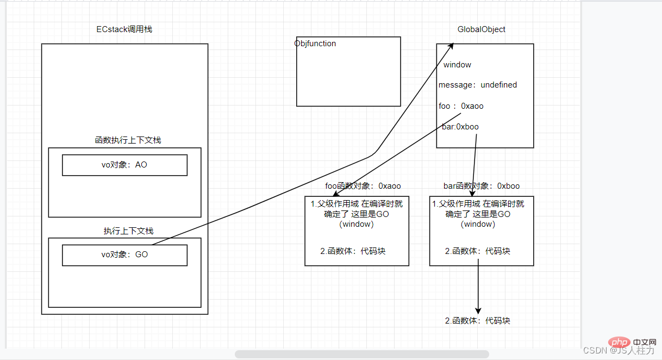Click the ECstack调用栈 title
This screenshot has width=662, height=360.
124,29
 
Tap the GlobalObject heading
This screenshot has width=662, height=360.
482,29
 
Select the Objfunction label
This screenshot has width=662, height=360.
315,44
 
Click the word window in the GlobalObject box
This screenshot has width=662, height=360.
457,65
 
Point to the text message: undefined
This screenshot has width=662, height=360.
478,85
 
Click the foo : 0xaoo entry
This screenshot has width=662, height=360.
461,106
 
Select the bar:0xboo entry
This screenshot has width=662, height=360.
460,127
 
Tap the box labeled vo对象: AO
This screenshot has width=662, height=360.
124,165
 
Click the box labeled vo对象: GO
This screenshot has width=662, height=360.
124,255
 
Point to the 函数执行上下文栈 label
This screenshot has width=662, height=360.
128,140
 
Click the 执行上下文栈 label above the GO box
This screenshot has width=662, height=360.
128,231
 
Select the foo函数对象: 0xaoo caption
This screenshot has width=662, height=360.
363,186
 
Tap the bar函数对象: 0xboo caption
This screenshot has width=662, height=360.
482,186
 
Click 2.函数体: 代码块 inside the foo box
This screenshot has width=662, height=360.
353,251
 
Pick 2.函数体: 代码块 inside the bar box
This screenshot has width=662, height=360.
478,251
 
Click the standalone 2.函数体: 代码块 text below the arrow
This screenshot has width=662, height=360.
478,321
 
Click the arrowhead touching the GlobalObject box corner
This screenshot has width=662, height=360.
451,47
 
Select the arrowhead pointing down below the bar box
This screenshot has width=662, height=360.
478,309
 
